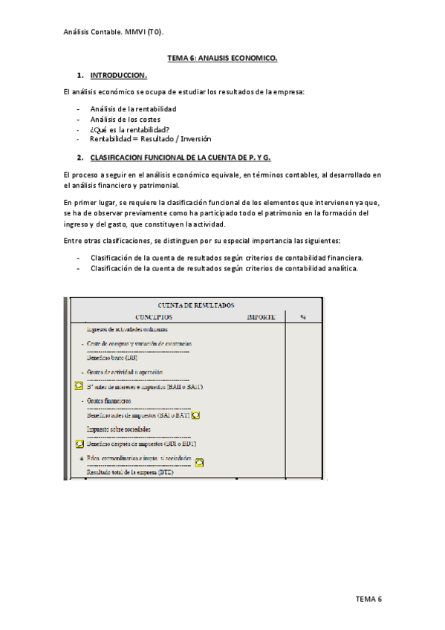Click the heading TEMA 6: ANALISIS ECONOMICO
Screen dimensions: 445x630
click(x=221, y=58)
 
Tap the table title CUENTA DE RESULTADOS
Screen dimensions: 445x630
click(x=196, y=305)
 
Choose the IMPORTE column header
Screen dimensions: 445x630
click(x=260, y=316)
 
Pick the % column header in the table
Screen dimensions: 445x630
click(x=303, y=316)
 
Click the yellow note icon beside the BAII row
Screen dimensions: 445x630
click(x=79, y=386)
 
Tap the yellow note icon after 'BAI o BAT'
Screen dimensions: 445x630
click(x=207, y=415)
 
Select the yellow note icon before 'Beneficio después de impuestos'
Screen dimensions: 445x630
click(x=79, y=444)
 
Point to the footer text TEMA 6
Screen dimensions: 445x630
click(x=368, y=599)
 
